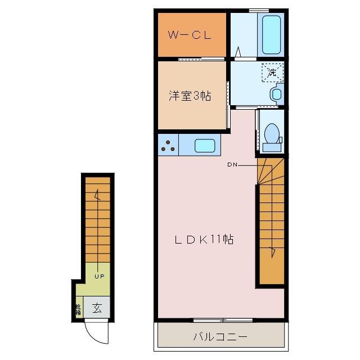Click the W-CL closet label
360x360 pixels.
coord(190,35)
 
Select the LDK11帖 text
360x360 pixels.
coord(203,240)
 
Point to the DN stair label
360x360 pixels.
coord(233,165)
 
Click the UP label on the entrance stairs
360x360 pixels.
coord(99,276)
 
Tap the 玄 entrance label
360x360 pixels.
coord(97,308)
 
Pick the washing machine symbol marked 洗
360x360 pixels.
coord(272,72)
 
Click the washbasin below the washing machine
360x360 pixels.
coord(276,93)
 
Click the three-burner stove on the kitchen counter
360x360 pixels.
coord(168,146)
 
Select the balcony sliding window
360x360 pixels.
coord(223,320)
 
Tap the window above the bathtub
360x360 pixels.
coord(258,11)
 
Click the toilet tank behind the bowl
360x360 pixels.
coord(272,147)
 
